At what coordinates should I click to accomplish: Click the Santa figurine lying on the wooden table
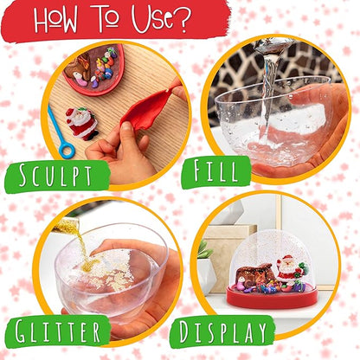tap(83, 123)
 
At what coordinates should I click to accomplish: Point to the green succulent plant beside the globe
tap(203, 251)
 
